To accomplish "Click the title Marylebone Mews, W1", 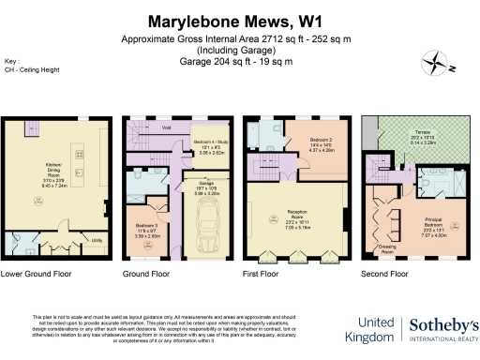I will (x=240, y=21).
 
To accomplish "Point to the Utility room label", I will (x=97, y=240).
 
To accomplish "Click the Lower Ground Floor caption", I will (x=37, y=276).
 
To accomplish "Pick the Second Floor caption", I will (x=386, y=276).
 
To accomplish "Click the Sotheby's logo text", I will (x=442, y=325).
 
